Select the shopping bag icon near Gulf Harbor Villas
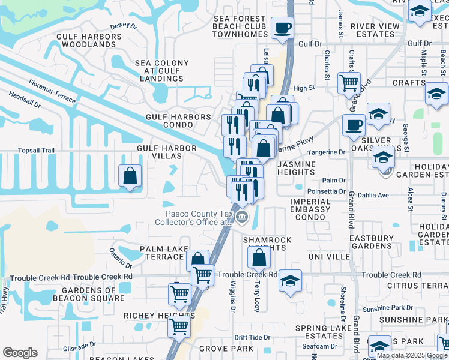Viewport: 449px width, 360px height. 130,176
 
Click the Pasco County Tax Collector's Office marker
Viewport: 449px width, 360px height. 241,217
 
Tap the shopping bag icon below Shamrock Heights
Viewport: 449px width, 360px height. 259,258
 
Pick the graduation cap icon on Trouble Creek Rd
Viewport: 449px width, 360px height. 291,281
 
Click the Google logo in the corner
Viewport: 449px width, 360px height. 20,353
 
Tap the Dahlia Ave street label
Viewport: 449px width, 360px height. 373,195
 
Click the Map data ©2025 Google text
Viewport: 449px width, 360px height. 412,355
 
